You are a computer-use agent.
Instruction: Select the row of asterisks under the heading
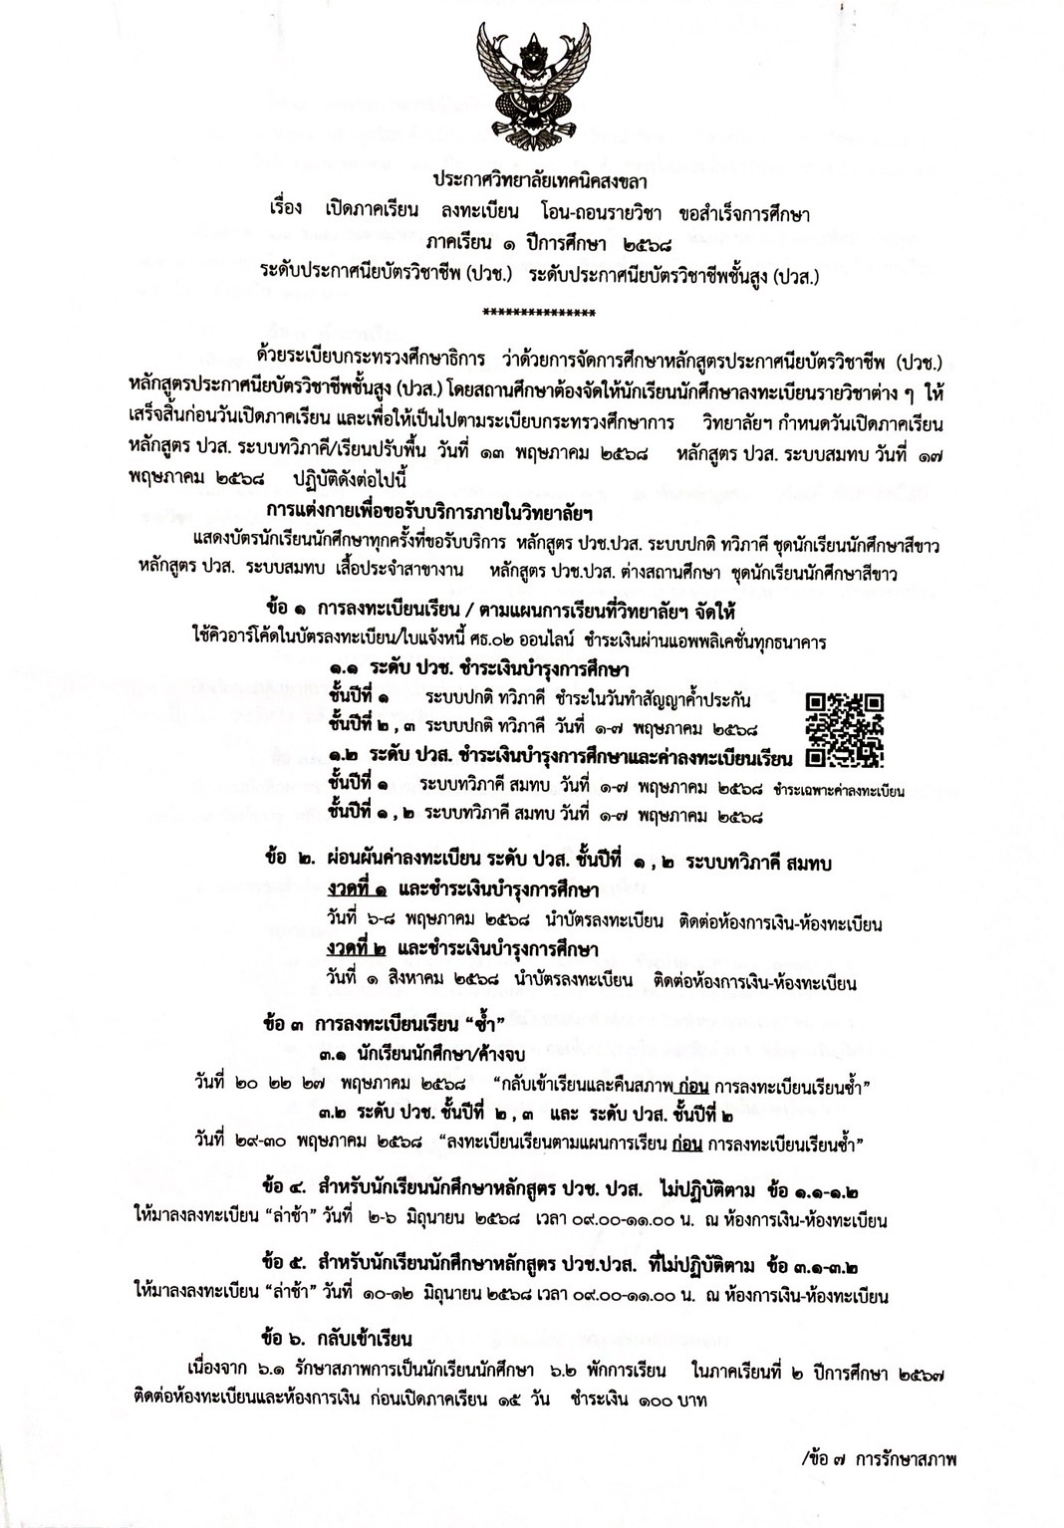[538, 313]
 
